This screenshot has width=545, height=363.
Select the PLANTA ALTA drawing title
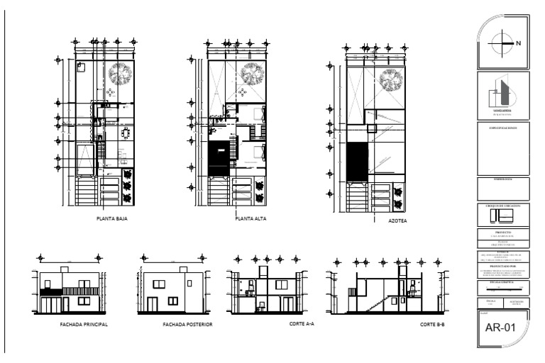coord(251,219)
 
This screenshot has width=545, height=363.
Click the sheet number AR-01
coord(500,328)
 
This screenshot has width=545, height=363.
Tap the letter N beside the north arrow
coord(519,43)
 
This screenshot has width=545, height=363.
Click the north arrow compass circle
coord(500,41)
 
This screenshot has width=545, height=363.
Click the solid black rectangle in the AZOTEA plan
coord(357,162)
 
